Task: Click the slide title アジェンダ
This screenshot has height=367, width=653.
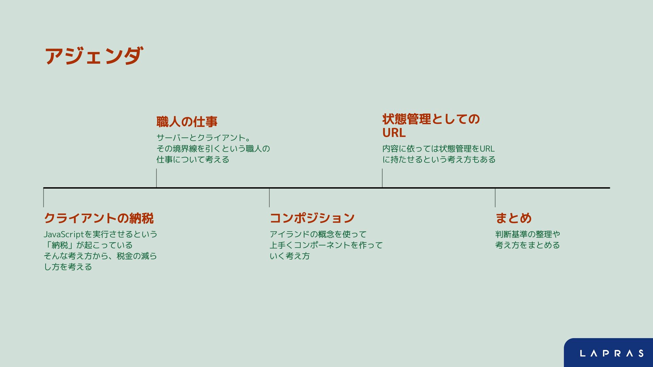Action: coord(94,56)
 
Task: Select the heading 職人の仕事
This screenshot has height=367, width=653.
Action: coord(187,122)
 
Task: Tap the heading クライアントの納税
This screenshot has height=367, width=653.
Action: coord(99,218)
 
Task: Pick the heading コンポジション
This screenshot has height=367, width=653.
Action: coord(312,218)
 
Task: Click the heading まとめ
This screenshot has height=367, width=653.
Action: coord(513,218)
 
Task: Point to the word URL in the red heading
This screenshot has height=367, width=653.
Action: coord(394,133)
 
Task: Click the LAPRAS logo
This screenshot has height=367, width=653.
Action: coord(612,353)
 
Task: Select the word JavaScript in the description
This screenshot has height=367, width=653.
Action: coord(64,234)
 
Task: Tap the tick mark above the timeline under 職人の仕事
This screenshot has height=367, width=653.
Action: coord(156,178)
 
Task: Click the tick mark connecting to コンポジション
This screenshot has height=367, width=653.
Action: coord(269,198)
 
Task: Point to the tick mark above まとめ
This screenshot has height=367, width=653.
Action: coord(495,198)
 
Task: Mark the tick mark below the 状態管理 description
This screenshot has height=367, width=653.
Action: coord(382,178)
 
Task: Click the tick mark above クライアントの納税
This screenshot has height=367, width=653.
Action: coord(44,198)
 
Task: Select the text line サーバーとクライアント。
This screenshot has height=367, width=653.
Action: coord(203,138)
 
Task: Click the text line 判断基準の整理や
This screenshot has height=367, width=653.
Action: coord(528,234)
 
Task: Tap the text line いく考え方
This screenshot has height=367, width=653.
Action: coord(289,256)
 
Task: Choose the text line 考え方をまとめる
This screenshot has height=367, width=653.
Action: coord(527,245)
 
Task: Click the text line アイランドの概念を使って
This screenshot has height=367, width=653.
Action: coord(318,234)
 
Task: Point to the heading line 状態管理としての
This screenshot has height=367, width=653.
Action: coord(431,119)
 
